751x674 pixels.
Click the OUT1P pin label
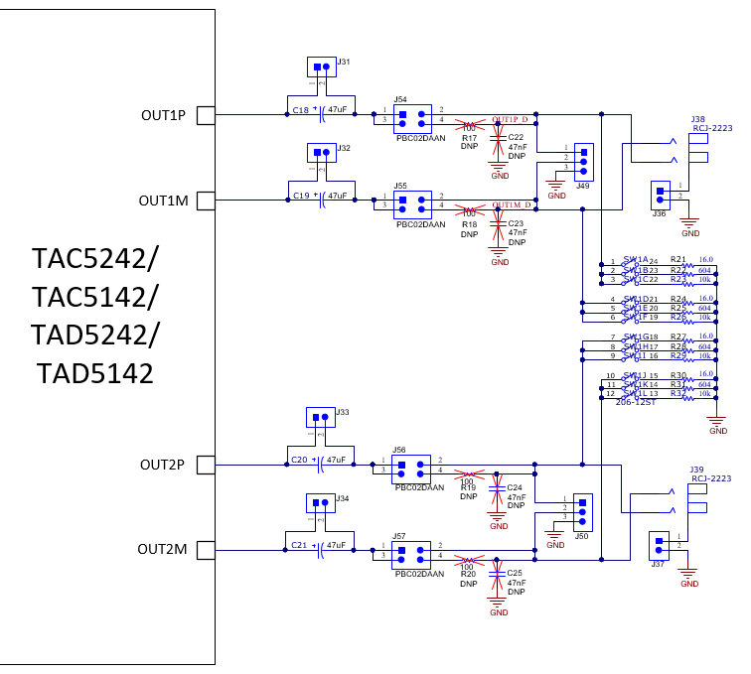pyautogui.click(x=163, y=115)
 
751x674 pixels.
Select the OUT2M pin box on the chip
pyautogui.click(x=206, y=549)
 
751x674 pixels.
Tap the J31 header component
pyautogui.click(x=321, y=67)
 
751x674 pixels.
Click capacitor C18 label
pyautogui.click(x=301, y=110)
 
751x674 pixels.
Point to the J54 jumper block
pyautogui.click(x=411, y=120)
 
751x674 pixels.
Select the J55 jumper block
pyautogui.click(x=411, y=204)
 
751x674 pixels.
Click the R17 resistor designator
pyautogui.click(x=469, y=137)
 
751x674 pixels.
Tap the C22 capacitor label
pyautogui.click(x=516, y=137)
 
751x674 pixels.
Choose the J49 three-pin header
pyautogui.click(x=583, y=158)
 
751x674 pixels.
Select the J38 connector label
pyautogui.click(x=698, y=119)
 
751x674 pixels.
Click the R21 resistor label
pyautogui.click(x=678, y=259)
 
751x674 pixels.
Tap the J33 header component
pyautogui.click(x=320, y=419)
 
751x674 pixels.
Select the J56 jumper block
pyautogui.click(x=411, y=468)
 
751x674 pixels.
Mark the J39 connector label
pyautogui.click(x=697, y=470)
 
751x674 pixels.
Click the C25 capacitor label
pyautogui.click(x=515, y=573)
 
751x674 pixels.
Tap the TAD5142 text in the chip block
pyautogui.click(x=95, y=373)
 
